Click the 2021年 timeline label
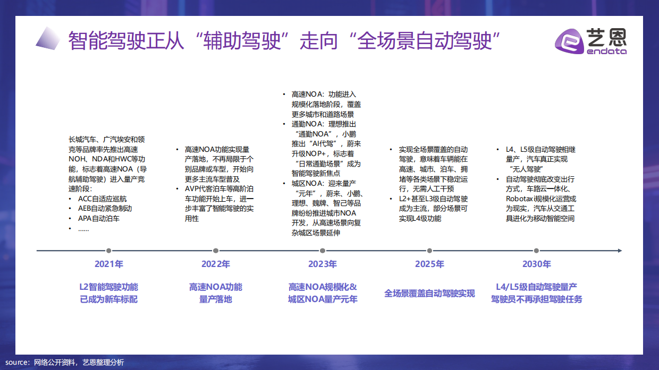click(109, 264)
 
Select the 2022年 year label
click(216, 264)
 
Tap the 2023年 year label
click(323, 264)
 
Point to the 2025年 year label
click(429, 264)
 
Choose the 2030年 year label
click(536, 264)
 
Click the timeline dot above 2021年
click(109, 251)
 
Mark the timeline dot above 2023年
click(323, 251)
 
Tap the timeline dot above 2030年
click(536, 251)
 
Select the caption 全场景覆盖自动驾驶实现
click(429, 294)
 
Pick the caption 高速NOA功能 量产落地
click(216, 293)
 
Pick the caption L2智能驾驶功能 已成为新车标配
click(109, 293)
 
